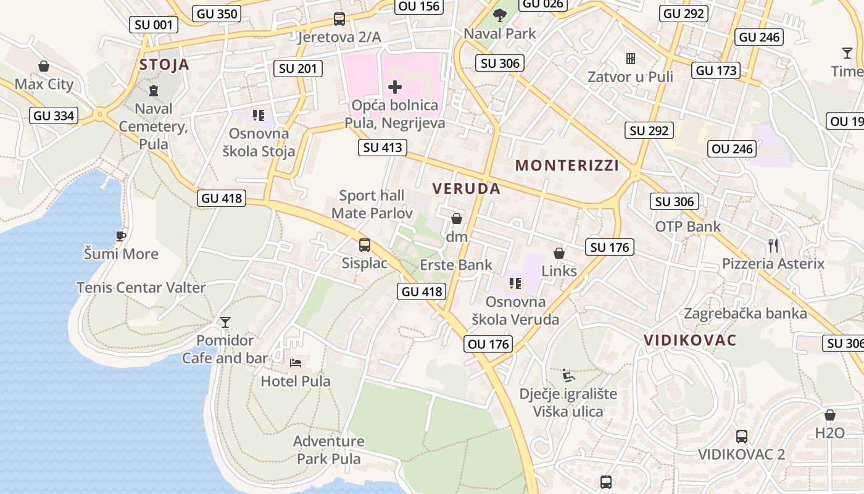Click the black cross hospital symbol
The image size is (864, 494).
pyautogui.click(x=395, y=87)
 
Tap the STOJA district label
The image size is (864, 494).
pyautogui.click(x=164, y=65)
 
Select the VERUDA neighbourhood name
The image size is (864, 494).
pyautogui.click(x=467, y=189)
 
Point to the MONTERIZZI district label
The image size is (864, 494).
pyautogui.click(x=567, y=165)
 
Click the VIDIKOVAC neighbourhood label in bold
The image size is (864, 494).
pyautogui.click(x=691, y=340)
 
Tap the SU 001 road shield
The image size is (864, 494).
pyautogui.click(x=154, y=25)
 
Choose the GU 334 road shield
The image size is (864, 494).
pyautogui.click(x=54, y=115)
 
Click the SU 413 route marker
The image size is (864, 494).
pyautogui.click(x=383, y=148)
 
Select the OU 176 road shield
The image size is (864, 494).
pyautogui.click(x=489, y=344)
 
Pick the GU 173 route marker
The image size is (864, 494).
pyautogui.click(x=716, y=70)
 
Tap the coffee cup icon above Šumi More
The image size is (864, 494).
pyautogui.click(x=121, y=236)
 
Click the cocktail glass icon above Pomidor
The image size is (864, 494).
pyautogui.click(x=225, y=322)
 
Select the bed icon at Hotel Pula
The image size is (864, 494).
pyautogui.click(x=296, y=362)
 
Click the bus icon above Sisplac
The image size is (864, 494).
pyautogui.click(x=365, y=245)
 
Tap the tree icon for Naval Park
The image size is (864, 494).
pyautogui.click(x=500, y=15)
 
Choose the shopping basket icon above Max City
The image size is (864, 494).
pyautogui.click(x=44, y=66)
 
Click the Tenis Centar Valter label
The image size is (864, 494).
pyautogui.click(x=141, y=287)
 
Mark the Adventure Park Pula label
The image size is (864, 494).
pyautogui.click(x=328, y=450)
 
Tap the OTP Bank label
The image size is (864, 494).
pyautogui.click(x=687, y=227)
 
